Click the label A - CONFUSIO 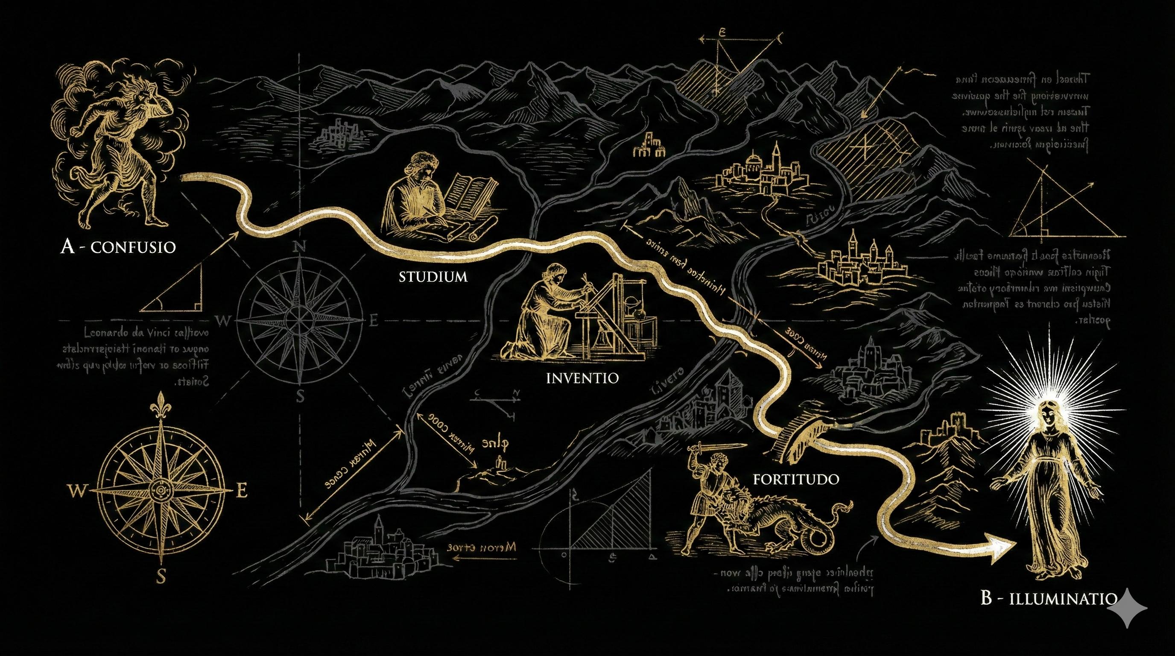118,247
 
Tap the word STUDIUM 433,277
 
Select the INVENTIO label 582,378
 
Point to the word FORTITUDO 796,479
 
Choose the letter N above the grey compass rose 301,247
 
